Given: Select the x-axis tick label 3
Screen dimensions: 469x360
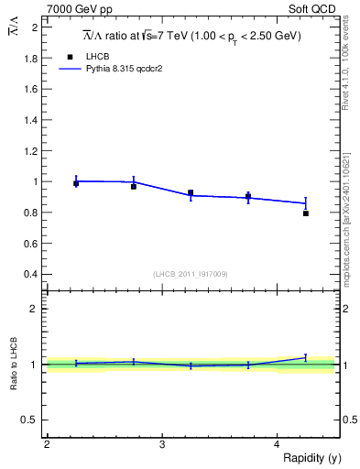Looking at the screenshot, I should (162, 444).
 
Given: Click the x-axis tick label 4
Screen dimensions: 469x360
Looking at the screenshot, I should (278, 444).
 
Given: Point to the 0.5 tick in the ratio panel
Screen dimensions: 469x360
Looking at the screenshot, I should (32, 420).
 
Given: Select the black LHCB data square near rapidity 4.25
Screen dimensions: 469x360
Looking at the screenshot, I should (306, 213).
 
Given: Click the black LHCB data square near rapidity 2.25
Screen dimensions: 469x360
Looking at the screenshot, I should (76, 183).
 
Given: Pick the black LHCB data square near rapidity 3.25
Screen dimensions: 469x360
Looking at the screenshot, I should (191, 193).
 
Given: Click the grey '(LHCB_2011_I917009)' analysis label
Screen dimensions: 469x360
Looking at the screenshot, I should (191, 274).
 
